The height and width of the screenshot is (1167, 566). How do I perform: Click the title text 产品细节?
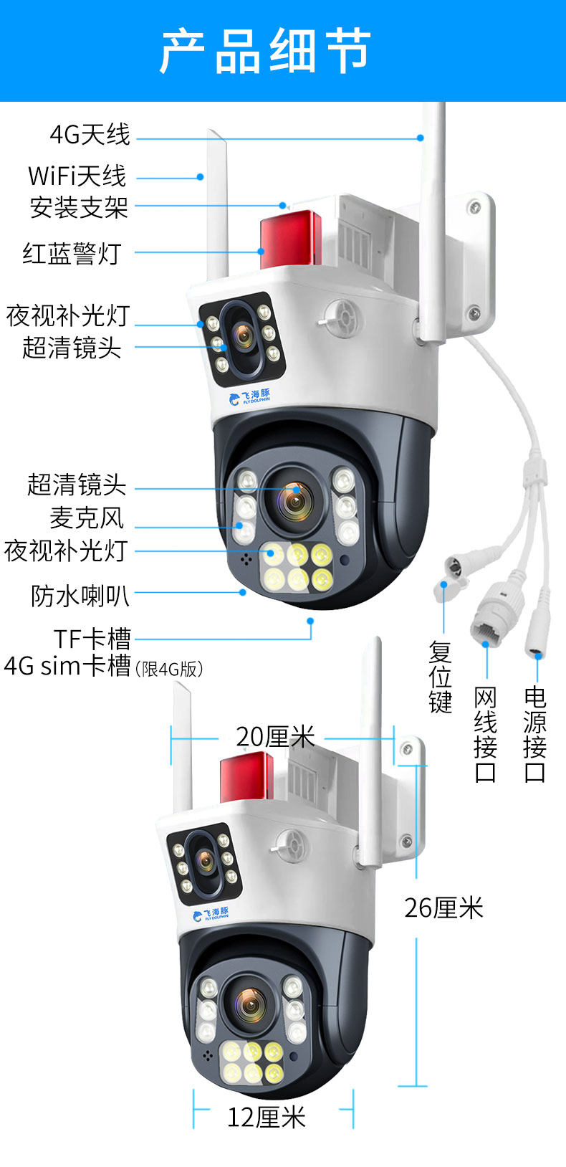pos(265,52)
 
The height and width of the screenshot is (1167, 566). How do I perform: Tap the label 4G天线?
pos(90,134)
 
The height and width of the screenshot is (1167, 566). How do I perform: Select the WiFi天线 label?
pos(77,176)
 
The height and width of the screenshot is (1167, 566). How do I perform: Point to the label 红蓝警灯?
pos(72,253)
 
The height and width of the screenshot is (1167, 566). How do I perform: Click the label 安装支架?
pos(79,207)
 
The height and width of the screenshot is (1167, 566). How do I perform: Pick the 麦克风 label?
pos(87,518)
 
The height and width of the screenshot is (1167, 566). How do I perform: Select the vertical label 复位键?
pos(441,677)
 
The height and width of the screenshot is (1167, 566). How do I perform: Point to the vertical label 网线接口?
pos(486,734)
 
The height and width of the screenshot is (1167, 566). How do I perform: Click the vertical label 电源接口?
pos(534,734)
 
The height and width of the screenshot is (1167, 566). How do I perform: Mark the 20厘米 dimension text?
pos(275,737)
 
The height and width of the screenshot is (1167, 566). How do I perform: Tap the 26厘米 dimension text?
pos(443,908)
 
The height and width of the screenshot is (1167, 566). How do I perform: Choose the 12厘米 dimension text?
pos(267,1117)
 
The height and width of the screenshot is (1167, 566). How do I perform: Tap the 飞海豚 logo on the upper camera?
pos(250,396)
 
